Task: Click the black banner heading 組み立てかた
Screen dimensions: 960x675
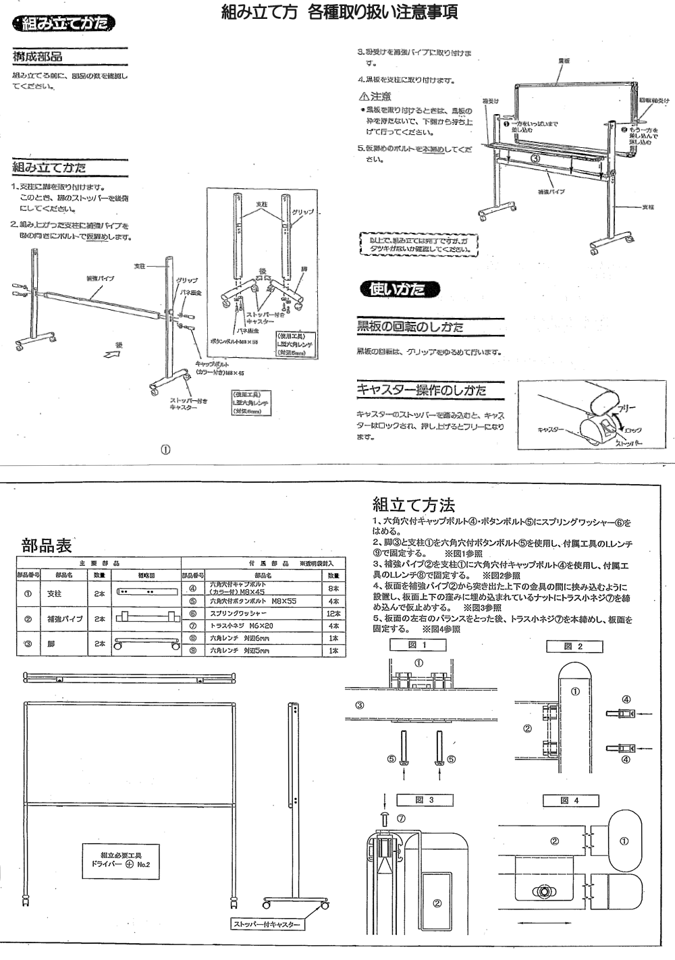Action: click(64, 24)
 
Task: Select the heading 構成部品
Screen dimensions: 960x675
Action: click(38, 57)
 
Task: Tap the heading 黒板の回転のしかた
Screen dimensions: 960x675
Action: click(410, 327)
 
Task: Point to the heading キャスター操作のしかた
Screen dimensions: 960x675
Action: click(421, 390)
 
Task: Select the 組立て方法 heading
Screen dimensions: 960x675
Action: click(414, 504)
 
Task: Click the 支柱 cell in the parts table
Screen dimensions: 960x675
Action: click(54, 593)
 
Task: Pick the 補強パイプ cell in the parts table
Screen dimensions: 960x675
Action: click(65, 618)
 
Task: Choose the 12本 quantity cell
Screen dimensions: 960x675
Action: click(333, 614)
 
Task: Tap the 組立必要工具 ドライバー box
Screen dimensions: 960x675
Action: click(121, 859)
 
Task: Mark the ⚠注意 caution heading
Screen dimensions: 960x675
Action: click(375, 97)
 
